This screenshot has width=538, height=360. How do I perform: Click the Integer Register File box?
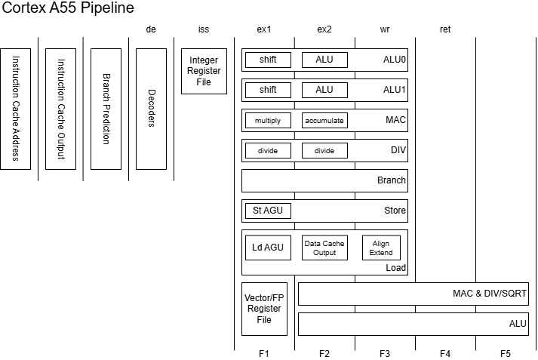click(204, 71)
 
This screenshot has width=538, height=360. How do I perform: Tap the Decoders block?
click(151, 109)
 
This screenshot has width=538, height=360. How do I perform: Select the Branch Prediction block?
click(106, 109)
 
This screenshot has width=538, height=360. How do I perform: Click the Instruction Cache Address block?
click(15, 109)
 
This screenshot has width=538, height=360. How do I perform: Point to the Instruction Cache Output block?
click(60, 109)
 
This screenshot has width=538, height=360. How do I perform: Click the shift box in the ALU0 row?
click(268, 60)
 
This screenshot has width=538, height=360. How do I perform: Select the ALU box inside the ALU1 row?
click(324, 90)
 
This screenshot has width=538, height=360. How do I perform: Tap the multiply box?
click(268, 120)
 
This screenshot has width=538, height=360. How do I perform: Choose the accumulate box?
click(324, 120)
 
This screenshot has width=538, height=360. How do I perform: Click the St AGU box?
click(268, 211)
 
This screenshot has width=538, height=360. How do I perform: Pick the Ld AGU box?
click(268, 248)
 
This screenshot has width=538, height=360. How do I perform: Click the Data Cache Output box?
click(324, 248)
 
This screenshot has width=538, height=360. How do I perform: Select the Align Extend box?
click(381, 248)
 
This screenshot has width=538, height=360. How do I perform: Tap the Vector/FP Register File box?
click(264, 309)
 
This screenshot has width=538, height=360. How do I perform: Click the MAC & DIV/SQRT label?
click(489, 294)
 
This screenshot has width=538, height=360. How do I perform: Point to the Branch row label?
click(392, 180)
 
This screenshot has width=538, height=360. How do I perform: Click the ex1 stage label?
click(264, 29)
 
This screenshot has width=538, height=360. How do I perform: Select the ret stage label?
click(445, 29)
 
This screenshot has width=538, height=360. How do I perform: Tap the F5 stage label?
click(506, 353)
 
